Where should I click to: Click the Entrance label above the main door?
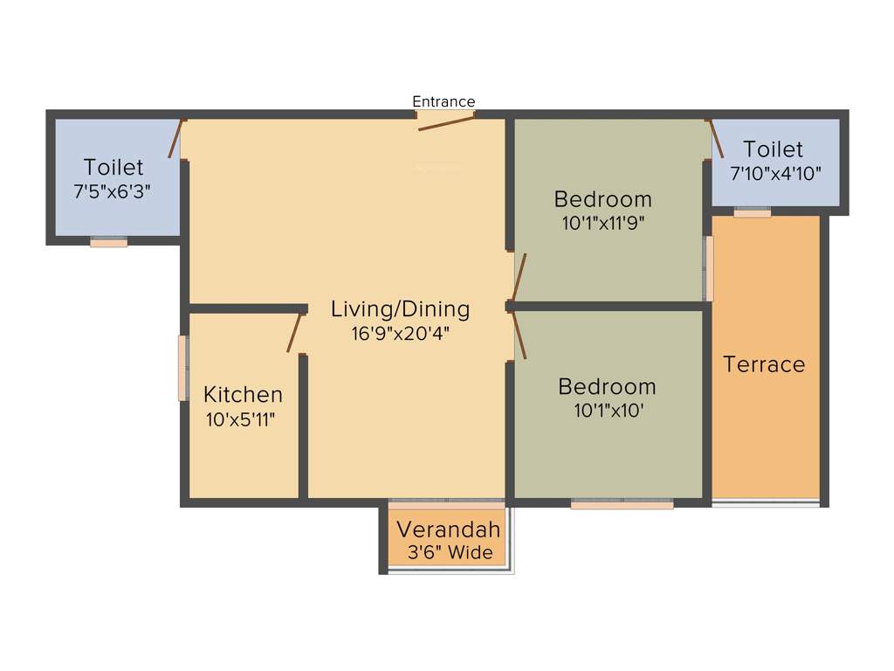[444, 102]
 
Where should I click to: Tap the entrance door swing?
[446, 122]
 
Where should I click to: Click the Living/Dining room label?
[400, 308]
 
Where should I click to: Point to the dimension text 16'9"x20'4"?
[400, 332]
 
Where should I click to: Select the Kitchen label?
[243, 394]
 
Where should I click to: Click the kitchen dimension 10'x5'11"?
[241, 419]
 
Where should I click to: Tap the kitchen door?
[294, 333]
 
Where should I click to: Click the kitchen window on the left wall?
[182, 368]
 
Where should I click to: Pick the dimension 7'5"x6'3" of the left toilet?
[113, 190]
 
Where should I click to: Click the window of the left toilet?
[109, 242]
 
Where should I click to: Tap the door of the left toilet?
[176, 139]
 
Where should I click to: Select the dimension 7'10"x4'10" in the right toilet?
[775, 173]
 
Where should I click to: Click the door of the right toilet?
[716, 139]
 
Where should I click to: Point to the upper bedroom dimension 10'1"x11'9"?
[603, 223]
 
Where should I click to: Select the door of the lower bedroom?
[519, 335]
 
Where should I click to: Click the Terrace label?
[764, 364]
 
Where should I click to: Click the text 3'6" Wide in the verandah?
[450, 552]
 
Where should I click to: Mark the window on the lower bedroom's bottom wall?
[622, 504]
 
